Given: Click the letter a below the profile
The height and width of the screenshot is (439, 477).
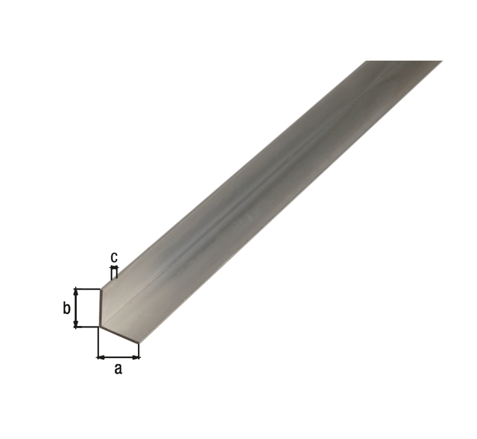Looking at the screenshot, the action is [x=118, y=369].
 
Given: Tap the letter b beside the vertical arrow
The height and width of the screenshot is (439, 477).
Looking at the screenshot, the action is [x=66, y=309].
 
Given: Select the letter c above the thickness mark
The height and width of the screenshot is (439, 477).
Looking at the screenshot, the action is [x=114, y=257].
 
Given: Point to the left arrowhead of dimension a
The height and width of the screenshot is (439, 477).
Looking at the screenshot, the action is [x=101, y=358].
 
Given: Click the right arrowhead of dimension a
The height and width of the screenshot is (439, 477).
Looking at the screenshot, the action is [x=136, y=358].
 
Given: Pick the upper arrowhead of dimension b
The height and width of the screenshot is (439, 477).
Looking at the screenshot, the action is [x=76, y=292].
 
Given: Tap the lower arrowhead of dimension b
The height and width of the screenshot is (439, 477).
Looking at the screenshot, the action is [x=76, y=324].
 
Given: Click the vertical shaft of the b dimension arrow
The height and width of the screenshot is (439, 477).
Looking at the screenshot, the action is [x=76, y=308].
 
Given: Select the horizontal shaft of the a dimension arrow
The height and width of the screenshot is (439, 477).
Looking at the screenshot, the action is [x=119, y=358].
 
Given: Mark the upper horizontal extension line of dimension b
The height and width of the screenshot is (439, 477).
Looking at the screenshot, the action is [x=87, y=289].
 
